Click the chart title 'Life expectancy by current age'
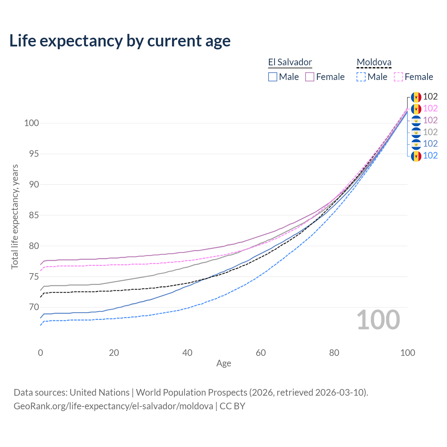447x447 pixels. coord(120,41)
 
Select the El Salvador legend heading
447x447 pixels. coord(290,62)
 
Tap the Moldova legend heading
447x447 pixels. coord(374,62)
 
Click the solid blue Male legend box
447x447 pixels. coord(273,77)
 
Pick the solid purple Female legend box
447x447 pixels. coord(310,77)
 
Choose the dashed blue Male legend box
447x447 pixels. coord(361,77)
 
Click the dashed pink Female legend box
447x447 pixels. coord(398,77)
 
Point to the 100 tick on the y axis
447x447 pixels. coord(31,123)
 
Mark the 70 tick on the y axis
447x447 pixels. coord(34,307)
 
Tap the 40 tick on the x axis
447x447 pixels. coord(188,353)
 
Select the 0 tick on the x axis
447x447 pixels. coord(41,353)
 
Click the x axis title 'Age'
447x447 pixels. coord(224,364)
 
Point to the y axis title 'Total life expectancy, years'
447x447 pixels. coord(15,217)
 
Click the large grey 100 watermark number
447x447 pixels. coord(378,320)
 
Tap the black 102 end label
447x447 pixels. coord(430,97)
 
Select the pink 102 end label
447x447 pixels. coord(430,109)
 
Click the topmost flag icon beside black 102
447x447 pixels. coord(416,97)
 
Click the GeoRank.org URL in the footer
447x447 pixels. coord(113,406)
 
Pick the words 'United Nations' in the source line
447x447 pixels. coord(100,393)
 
